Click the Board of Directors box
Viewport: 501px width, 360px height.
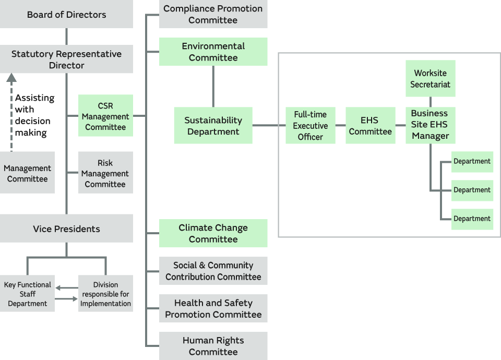click(66, 14)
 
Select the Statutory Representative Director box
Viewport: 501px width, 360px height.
click(66, 59)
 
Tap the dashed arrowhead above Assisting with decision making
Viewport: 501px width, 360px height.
click(11, 78)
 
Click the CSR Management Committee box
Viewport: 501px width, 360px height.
click(105, 116)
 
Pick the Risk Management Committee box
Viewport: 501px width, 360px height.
click(105, 173)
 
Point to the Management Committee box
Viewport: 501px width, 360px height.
click(27, 173)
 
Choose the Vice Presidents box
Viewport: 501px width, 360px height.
click(66, 229)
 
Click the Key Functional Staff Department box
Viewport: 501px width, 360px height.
click(27, 294)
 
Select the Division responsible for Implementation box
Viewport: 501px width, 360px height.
click(105, 294)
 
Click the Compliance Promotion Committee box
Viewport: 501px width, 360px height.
click(213, 14)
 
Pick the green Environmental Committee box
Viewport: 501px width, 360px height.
click(213, 52)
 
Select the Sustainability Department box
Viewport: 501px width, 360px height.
click(213, 126)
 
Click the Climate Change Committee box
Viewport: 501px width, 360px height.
click(213, 233)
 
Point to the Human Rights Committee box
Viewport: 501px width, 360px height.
click(213, 346)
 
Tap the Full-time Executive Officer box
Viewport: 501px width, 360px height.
click(311, 126)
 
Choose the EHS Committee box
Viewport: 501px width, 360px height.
click(371, 126)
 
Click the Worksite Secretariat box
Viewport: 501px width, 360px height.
click(431, 78)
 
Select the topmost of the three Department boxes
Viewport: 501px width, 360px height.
click(472, 162)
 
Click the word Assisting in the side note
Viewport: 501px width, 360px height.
click(34, 98)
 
